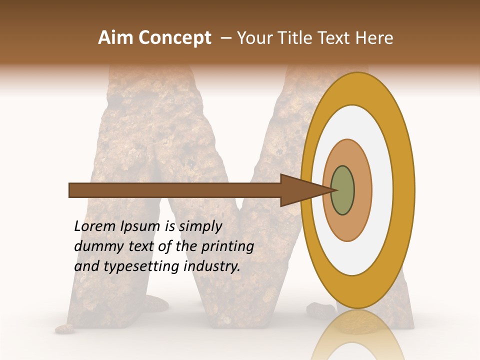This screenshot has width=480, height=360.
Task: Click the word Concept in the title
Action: click(x=175, y=38)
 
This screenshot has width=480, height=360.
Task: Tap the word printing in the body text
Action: click(x=227, y=247)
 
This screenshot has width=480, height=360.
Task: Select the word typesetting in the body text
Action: click(x=142, y=267)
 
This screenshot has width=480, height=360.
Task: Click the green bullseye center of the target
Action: click(x=343, y=190)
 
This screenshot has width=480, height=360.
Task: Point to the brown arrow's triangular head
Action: click(x=300, y=190)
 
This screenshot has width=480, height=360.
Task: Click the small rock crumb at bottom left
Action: click(x=64, y=328)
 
